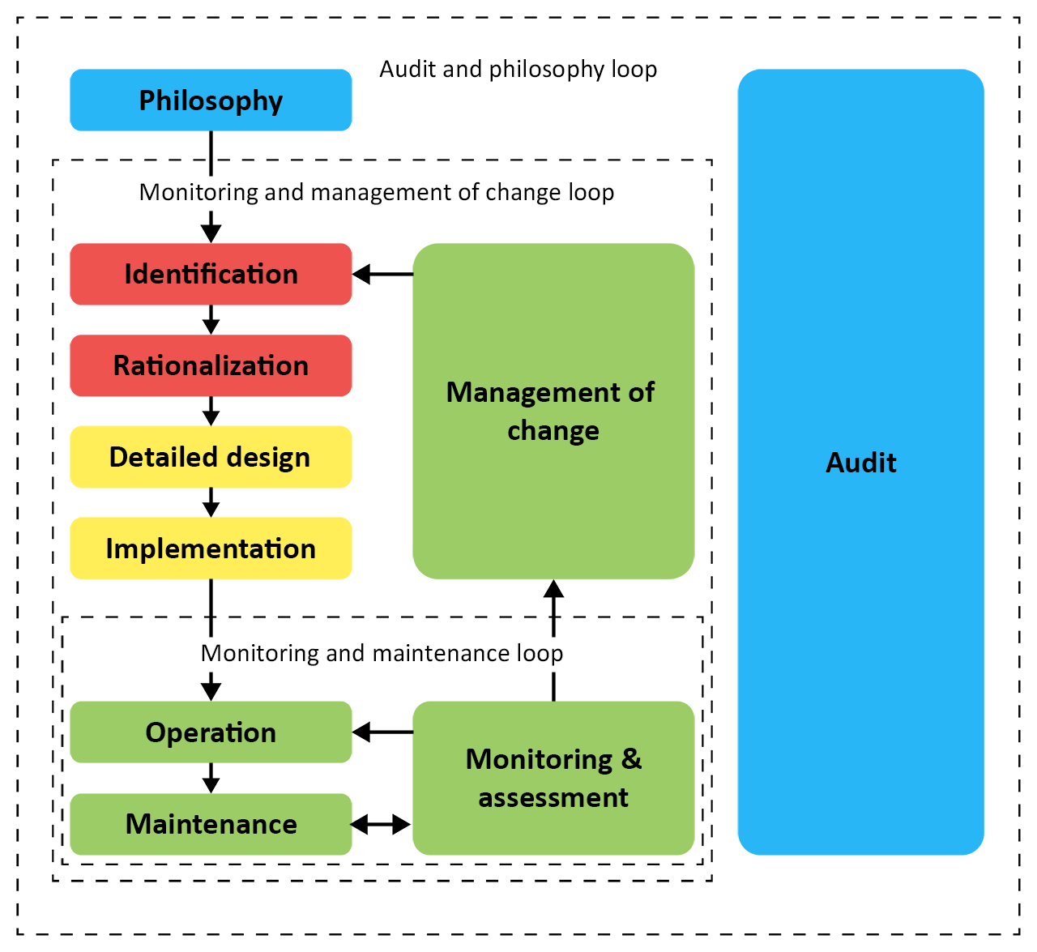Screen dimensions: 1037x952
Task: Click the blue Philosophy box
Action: (x=211, y=100)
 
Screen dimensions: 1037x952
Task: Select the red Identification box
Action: (x=211, y=274)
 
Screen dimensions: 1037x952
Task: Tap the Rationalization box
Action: (x=211, y=365)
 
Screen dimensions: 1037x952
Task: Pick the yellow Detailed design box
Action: (x=211, y=457)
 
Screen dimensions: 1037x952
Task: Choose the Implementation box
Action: (x=211, y=549)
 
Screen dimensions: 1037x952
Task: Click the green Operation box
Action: (x=211, y=732)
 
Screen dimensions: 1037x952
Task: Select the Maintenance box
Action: (x=211, y=824)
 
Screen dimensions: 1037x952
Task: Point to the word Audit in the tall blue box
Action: (x=860, y=463)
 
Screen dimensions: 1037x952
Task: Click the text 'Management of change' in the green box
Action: (x=551, y=412)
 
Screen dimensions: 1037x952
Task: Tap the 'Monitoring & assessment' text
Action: (x=553, y=779)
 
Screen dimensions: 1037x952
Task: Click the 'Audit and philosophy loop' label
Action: (x=518, y=70)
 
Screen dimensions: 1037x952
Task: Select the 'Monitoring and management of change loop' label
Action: (x=377, y=192)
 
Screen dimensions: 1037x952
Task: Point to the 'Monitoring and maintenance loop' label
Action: (x=382, y=653)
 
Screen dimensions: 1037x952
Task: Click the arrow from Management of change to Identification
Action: (x=382, y=274)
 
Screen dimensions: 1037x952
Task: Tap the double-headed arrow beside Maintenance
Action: (x=381, y=824)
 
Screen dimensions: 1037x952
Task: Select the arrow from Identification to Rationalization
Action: (x=211, y=319)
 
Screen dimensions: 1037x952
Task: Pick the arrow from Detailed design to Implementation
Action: (x=211, y=502)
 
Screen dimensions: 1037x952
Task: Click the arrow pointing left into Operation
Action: (x=382, y=732)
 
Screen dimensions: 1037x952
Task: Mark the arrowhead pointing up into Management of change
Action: (x=553, y=588)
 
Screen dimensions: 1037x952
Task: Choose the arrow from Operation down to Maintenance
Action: (x=211, y=779)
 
